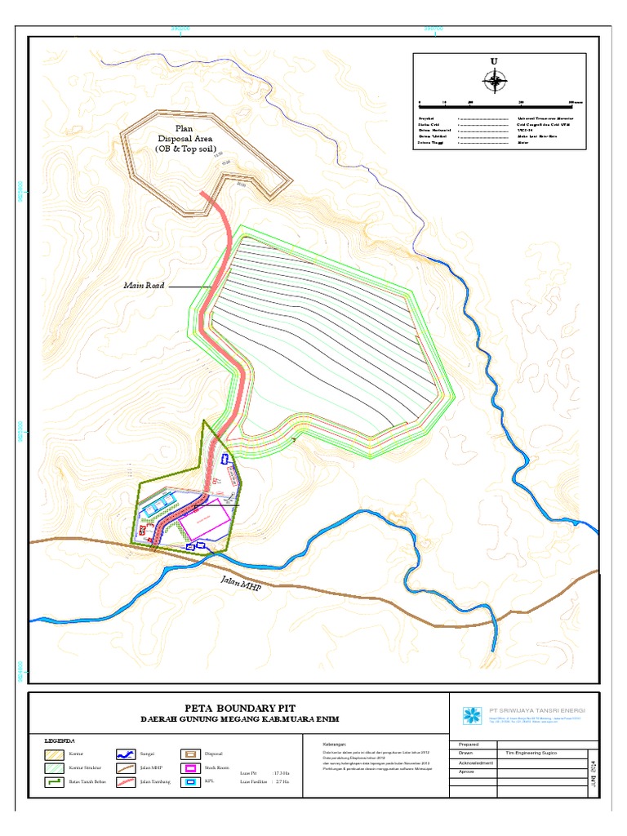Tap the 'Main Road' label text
pyautogui.click(x=145, y=286)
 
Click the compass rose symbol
pyautogui.click(x=493, y=80)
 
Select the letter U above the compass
pyautogui.click(x=493, y=61)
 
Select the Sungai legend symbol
pyautogui.click(x=126, y=754)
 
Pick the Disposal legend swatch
pyautogui.click(x=191, y=754)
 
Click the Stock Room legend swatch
pyautogui.click(x=191, y=768)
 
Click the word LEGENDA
pyautogui.click(x=60, y=740)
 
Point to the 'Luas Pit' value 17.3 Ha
pyautogui.click(x=282, y=772)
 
